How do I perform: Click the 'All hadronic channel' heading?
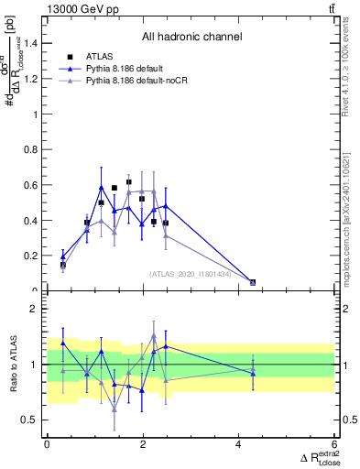(x=191, y=38)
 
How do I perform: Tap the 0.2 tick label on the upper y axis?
(x=32, y=256)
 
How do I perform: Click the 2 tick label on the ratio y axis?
(x=35, y=309)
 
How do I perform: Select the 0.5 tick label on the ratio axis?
(x=30, y=420)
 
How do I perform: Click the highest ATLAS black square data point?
(x=129, y=182)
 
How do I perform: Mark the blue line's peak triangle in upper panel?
(x=102, y=187)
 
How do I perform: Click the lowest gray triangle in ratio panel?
(x=115, y=408)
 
